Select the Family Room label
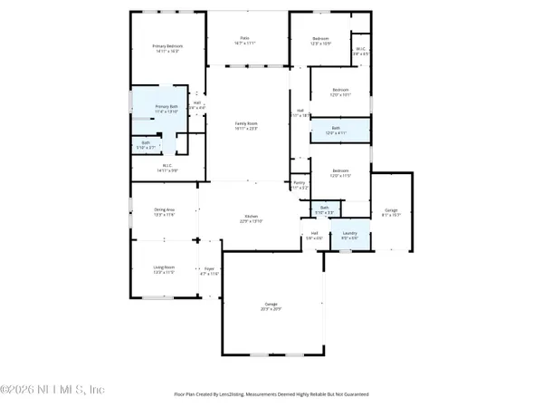point(247,123)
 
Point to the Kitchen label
point(250,216)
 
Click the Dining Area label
point(164,209)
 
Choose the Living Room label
point(163,267)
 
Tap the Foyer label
point(209,268)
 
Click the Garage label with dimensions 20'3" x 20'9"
point(271,303)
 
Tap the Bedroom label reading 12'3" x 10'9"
point(321,38)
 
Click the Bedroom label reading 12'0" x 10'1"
point(340,90)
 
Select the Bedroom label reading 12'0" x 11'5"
point(339,170)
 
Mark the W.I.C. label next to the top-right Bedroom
point(360,49)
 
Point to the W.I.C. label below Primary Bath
point(167,165)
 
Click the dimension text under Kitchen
point(250,221)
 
